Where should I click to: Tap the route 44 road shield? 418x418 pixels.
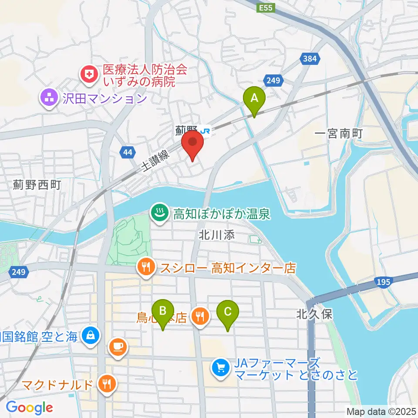(127, 152)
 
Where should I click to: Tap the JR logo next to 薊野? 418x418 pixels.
(206, 130)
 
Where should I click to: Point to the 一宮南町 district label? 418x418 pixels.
(339, 133)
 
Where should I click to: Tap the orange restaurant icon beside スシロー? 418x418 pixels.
(145, 267)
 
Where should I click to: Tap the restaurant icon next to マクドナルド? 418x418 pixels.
(106, 384)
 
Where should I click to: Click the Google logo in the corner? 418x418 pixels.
(29, 408)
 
